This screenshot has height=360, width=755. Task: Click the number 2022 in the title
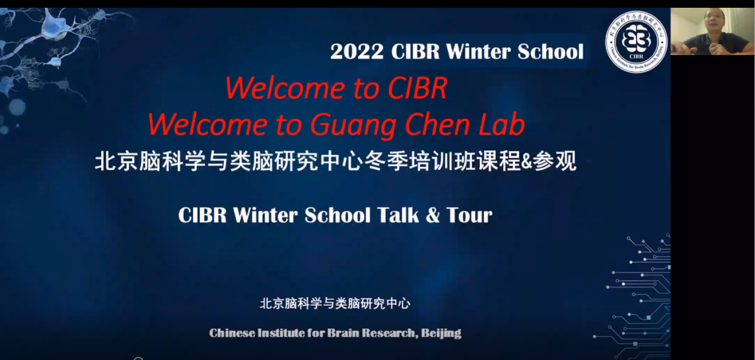click(357, 52)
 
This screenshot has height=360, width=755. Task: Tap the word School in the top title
click(551, 52)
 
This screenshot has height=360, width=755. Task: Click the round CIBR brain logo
click(636, 42)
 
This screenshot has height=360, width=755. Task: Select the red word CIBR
click(417, 88)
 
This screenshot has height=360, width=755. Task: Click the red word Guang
click(353, 126)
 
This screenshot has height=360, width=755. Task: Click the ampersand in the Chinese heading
click(527, 162)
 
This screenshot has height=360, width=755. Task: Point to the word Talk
click(397, 215)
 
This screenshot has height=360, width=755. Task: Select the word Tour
click(469, 215)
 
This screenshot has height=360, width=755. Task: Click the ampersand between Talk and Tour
click(433, 215)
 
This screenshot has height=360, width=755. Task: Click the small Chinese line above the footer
click(335, 303)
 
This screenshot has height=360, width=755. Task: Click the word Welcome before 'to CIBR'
click(284, 88)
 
